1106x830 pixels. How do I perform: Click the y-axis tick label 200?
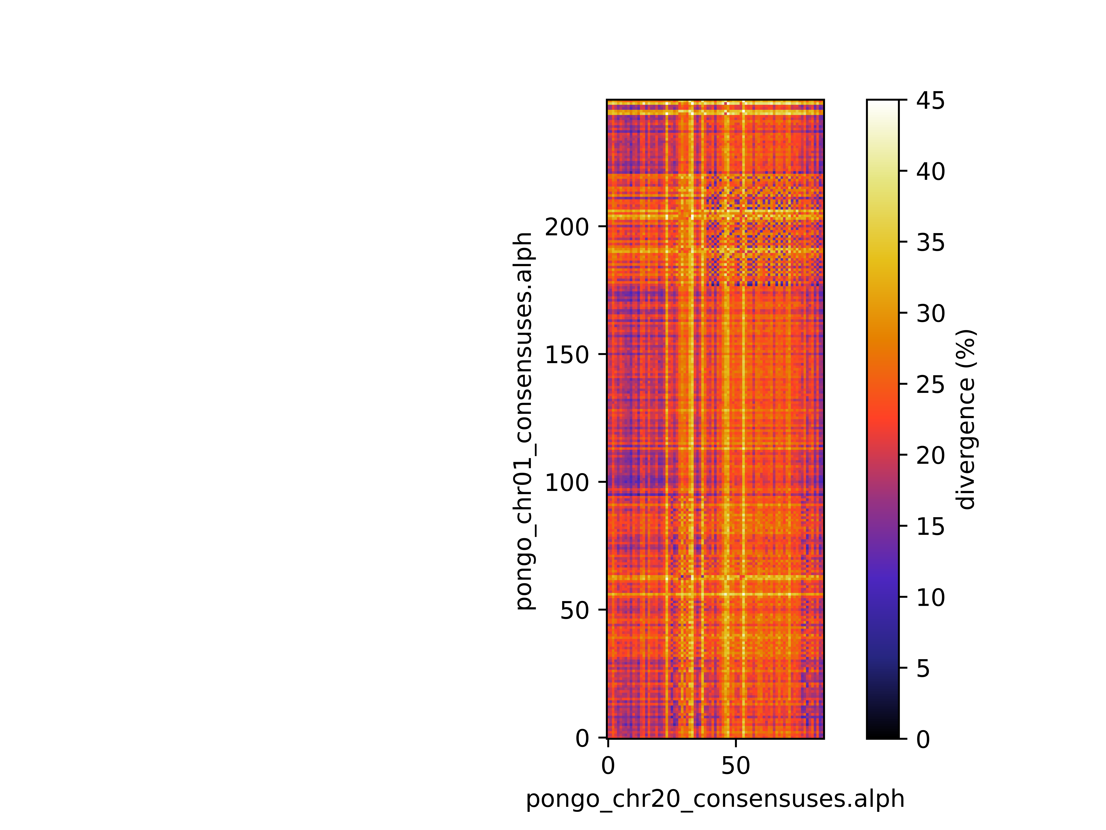tap(566, 228)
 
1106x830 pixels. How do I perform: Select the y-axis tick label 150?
tap(566, 355)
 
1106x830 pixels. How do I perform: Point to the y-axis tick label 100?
tap(566, 483)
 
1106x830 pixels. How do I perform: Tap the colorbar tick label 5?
tap(923, 668)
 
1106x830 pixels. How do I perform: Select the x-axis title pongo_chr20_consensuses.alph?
tap(715, 799)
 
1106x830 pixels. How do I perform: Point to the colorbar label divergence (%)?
tap(966, 419)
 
